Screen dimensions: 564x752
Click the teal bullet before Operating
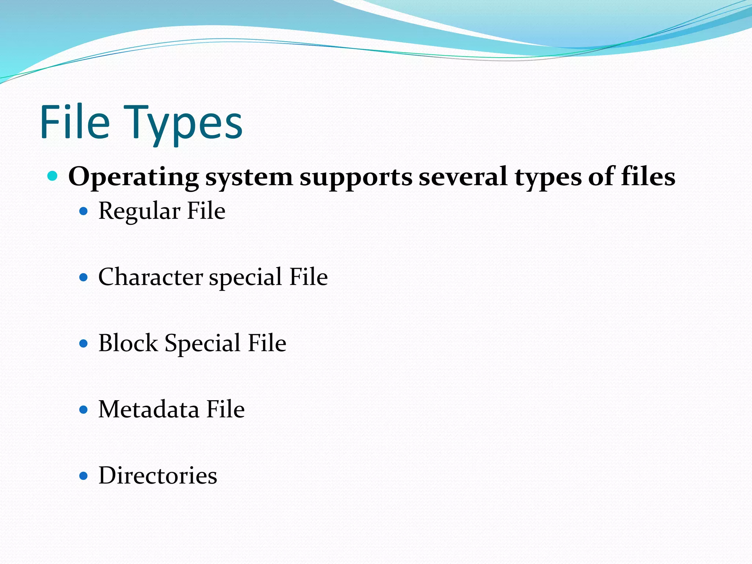[x=53, y=176]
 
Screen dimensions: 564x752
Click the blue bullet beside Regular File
[x=84, y=211]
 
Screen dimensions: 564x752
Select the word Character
[x=151, y=277]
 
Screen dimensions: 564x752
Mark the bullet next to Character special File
[x=84, y=277]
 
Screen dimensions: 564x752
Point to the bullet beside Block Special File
[x=84, y=343]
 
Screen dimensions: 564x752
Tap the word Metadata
[x=149, y=409]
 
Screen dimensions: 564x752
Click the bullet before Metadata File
[x=84, y=409]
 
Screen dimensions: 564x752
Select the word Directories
[x=158, y=476]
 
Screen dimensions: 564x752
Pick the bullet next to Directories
[x=84, y=476]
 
